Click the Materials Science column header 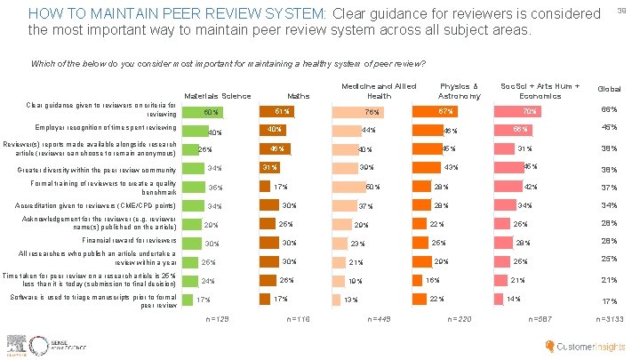(x=217, y=96)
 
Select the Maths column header (x=298, y=96)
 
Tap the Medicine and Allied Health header (x=379, y=91)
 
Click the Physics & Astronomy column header (x=460, y=91)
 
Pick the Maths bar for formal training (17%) (x=265, y=187)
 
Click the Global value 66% (x=609, y=110)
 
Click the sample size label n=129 (x=217, y=317)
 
